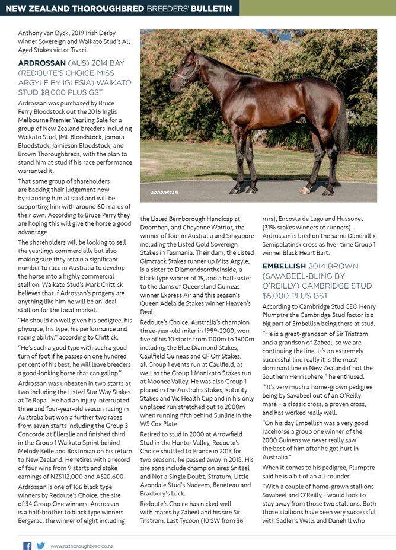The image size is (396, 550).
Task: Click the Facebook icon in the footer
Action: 27,545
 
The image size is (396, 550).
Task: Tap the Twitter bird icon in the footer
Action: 40,545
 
